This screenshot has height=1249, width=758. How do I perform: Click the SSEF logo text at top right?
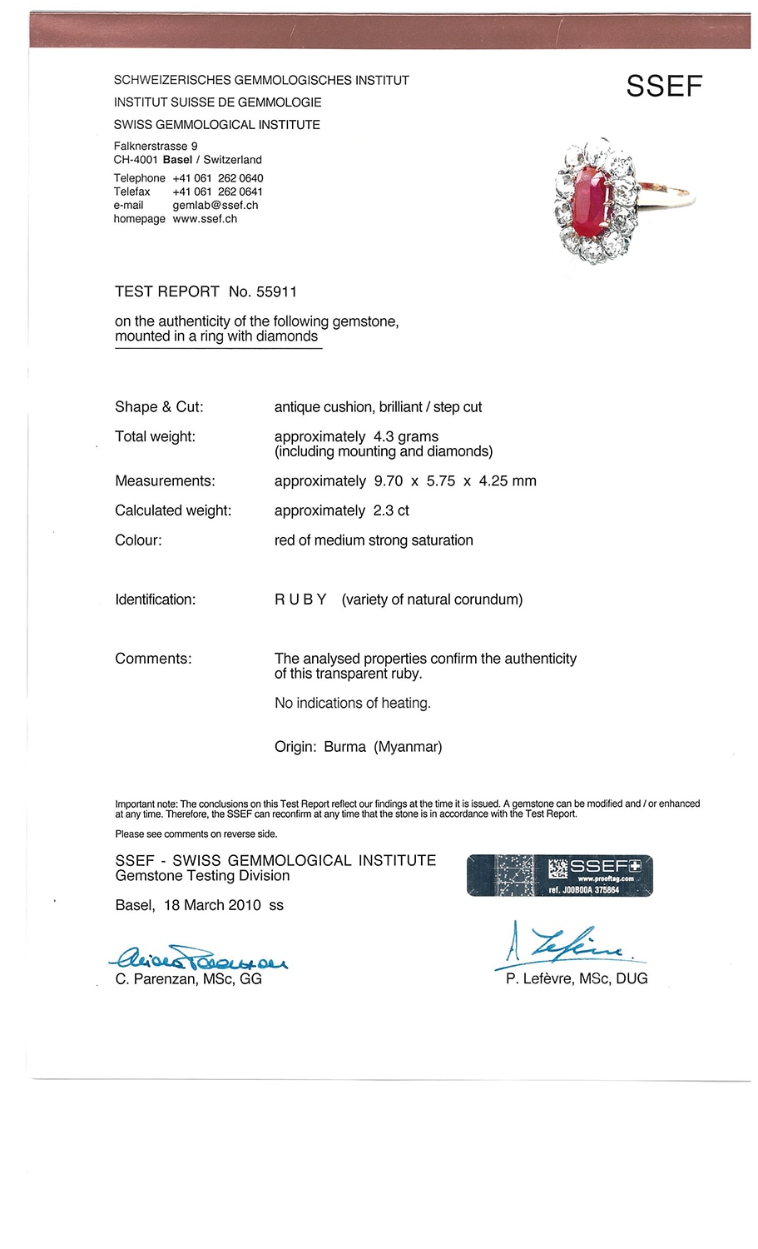click(664, 87)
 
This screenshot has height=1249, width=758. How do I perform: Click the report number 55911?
click(276, 292)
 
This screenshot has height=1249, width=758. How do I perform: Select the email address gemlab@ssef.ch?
click(216, 206)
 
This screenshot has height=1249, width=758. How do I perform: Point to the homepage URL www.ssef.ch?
click(205, 219)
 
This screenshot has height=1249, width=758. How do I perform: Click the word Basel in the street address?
click(177, 160)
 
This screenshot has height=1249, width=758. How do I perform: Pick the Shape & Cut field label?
click(159, 407)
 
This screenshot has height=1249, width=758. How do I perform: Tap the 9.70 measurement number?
click(389, 481)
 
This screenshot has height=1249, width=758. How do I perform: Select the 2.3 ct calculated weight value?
click(390, 510)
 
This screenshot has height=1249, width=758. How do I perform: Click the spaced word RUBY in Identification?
click(300, 600)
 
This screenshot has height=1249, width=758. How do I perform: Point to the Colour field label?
click(138, 540)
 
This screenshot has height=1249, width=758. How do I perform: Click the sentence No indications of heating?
click(353, 704)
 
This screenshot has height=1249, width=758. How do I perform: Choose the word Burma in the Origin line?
click(344, 747)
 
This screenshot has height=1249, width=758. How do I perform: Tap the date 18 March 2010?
click(212, 905)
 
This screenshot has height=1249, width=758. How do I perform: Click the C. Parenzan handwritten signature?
click(200, 959)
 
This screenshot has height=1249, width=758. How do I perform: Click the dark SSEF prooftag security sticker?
click(560, 875)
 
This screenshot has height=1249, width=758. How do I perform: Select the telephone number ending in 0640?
click(218, 178)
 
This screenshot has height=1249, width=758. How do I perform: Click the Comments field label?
click(153, 659)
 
